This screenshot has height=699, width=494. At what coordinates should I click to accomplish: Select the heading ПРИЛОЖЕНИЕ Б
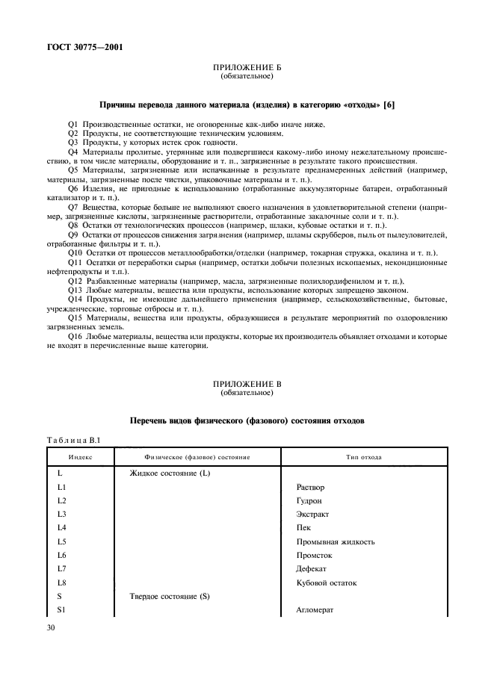click(x=247, y=69)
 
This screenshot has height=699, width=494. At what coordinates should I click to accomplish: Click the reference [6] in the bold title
click(x=388, y=105)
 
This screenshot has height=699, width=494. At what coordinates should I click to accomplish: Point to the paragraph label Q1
click(x=72, y=123)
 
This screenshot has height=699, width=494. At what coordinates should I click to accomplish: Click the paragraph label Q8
click(x=72, y=224)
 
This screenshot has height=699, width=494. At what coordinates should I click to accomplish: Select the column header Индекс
click(x=80, y=456)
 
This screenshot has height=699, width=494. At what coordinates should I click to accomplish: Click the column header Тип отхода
click(x=364, y=456)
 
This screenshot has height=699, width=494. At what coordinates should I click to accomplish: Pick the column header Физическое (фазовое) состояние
click(x=197, y=456)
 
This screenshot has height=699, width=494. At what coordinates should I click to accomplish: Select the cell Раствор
click(x=310, y=487)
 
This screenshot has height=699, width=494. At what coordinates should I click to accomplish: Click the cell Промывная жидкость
click(x=336, y=541)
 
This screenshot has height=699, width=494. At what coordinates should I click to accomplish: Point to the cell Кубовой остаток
click(x=327, y=582)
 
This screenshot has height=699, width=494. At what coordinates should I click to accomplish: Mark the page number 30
click(x=52, y=630)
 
